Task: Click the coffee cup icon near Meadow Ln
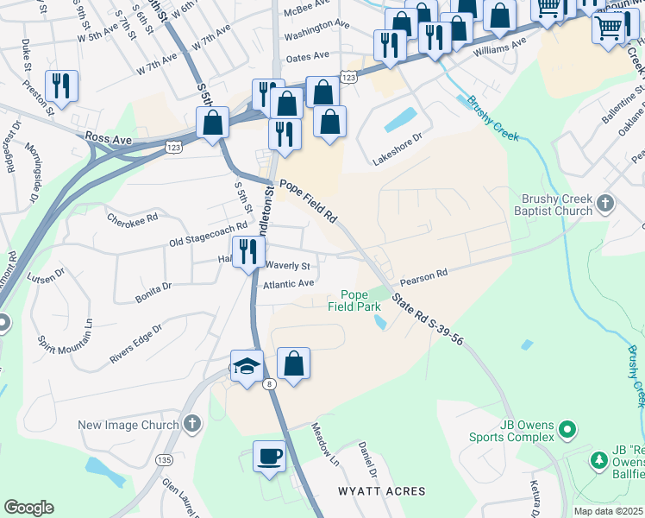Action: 269,456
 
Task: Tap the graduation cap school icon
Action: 247,366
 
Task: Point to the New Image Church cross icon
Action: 191,424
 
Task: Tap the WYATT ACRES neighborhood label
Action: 376,491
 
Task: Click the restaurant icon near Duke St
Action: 60,85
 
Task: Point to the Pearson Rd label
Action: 423,274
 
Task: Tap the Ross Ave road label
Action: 109,137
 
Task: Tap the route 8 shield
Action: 270,384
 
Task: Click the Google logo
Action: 28,508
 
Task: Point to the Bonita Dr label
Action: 153,292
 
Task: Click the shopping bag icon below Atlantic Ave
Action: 293,363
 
